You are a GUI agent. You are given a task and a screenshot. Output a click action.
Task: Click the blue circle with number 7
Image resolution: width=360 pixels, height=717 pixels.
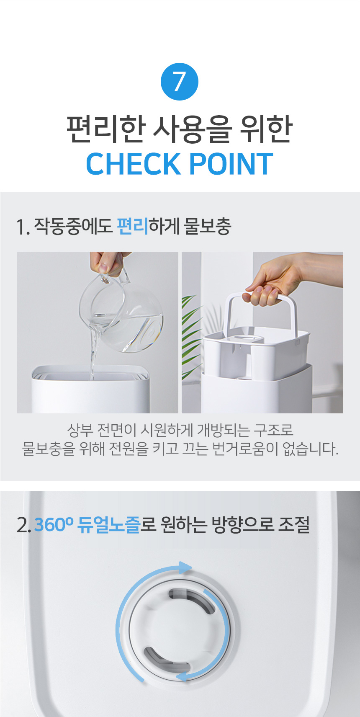(180, 82)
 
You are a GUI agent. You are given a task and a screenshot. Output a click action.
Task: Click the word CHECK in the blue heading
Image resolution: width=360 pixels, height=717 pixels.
(134, 164)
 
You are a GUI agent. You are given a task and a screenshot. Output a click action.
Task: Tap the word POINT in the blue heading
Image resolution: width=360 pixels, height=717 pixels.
(231, 164)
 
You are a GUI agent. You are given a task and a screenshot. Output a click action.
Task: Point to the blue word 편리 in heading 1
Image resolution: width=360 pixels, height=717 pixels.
(132, 226)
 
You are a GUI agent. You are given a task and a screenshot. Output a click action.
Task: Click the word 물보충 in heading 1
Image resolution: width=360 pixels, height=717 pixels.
(207, 226)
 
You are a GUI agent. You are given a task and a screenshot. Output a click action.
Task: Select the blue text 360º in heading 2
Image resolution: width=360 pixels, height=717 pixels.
(54, 525)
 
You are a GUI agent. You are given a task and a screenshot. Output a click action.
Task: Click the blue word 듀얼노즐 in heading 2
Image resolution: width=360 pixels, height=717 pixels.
(109, 525)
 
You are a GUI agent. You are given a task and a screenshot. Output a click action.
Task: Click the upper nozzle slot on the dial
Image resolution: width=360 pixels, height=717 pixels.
(191, 601)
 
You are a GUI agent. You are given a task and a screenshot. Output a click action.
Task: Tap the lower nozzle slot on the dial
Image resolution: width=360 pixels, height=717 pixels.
(167, 660)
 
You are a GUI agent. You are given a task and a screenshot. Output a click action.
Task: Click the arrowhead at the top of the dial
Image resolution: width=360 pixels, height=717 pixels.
(185, 567)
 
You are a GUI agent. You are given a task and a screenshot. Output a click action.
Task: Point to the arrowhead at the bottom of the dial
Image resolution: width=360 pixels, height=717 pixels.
(182, 676)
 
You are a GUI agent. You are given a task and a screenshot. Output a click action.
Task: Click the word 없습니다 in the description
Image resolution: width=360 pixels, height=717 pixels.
(311, 449)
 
